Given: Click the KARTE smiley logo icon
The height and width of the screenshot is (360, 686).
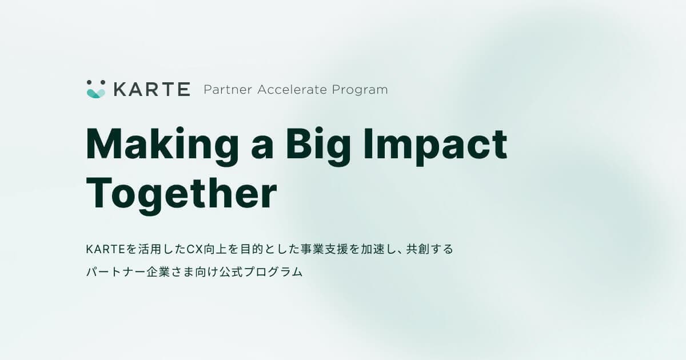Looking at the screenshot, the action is click(96, 89).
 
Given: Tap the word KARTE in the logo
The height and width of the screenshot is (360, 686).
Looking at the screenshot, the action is click(152, 89).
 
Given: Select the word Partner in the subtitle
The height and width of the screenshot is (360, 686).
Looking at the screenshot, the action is click(228, 90).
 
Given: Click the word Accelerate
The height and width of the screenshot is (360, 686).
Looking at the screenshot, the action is click(292, 90).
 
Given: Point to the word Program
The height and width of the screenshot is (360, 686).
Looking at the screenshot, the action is click(360, 90).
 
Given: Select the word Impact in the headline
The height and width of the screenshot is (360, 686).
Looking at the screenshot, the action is click(435, 147).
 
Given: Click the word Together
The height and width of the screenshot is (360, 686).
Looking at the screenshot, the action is click(182, 195).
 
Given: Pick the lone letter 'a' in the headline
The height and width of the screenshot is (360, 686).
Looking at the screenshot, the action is click(262, 148).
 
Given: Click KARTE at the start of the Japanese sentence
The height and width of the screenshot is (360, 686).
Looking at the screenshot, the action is click(106, 250).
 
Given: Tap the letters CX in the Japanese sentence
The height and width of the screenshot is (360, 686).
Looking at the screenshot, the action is click(195, 250).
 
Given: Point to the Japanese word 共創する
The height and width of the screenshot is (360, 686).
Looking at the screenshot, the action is click(430, 249).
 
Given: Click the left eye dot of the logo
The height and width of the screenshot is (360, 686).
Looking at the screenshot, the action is click(89, 82).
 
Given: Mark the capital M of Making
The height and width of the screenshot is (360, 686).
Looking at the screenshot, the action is click(106, 143).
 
